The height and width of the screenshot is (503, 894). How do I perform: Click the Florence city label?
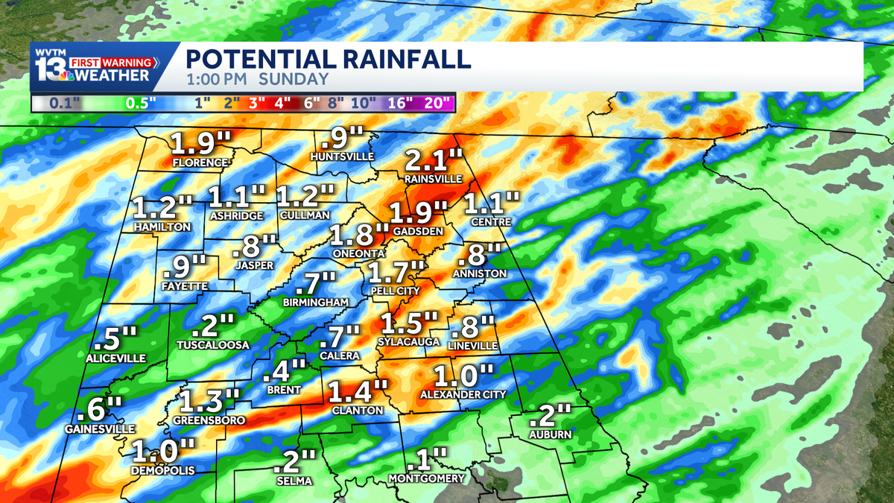(200, 162)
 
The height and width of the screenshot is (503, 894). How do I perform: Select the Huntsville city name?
(343, 157)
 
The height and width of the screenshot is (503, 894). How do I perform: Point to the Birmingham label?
(316, 303)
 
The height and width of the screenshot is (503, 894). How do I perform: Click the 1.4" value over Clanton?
(358, 391)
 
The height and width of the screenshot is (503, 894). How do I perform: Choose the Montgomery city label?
(427, 478)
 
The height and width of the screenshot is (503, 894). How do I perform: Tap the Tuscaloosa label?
(213, 345)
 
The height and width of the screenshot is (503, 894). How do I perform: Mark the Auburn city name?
(551, 434)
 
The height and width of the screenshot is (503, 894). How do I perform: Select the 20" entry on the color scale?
(437, 103)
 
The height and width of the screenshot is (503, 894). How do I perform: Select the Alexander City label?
(463, 394)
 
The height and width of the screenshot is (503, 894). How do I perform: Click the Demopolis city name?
(162, 471)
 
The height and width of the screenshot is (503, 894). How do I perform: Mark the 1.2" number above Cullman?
(305, 197)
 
